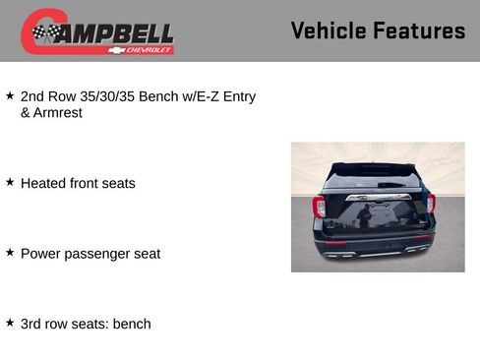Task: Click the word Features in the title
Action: point(416,30)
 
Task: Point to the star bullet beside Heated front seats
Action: point(10,182)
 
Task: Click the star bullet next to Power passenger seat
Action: point(10,253)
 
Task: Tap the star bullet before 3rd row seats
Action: point(10,323)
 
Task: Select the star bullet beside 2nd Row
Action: point(10,96)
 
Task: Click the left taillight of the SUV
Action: point(319,207)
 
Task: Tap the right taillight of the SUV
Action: point(431,204)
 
